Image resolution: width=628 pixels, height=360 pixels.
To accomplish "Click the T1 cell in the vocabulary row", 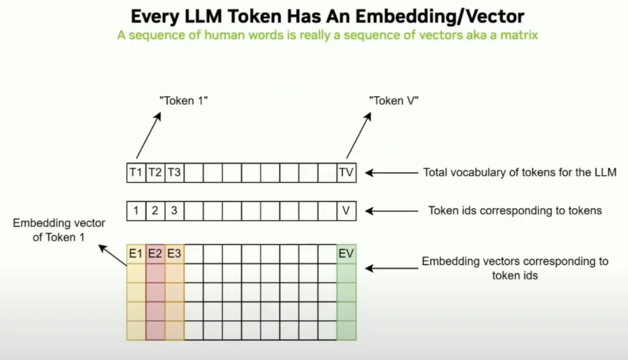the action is click(x=136, y=173).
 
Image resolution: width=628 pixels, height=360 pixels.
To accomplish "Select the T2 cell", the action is click(x=155, y=173).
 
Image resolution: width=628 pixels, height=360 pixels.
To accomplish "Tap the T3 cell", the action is click(x=174, y=173).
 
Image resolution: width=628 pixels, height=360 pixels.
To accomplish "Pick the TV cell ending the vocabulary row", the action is click(x=346, y=173).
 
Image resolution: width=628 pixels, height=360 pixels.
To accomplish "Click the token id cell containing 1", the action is click(x=136, y=211).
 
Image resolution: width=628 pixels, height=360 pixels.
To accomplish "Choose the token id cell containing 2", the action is click(x=155, y=211).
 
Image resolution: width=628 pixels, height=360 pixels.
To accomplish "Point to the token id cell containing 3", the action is click(x=174, y=211).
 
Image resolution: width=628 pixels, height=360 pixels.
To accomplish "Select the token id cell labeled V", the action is click(x=346, y=211).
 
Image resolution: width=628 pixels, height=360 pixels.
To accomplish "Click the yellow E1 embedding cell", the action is click(x=136, y=254).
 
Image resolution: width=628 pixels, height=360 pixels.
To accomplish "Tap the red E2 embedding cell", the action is click(x=155, y=254).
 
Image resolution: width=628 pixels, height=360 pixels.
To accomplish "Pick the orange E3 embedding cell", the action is click(x=174, y=254).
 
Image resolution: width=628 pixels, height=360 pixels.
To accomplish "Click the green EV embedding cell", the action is click(x=346, y=254).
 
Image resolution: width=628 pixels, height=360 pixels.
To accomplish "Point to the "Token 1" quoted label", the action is click(x=184, y=101).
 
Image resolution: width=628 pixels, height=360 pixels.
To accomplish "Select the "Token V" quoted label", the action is click(x=394, y=101).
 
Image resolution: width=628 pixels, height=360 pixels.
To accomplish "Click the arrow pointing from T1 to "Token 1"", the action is click(x=148, y=135).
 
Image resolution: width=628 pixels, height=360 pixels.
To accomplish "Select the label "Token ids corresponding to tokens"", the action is click(x=515, y=211).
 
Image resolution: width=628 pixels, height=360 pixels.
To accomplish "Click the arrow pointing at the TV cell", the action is click(x=387, y=173).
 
